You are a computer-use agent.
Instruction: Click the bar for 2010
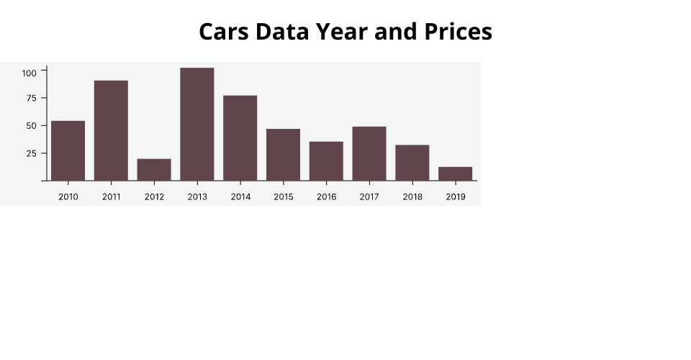(x=68, y=150)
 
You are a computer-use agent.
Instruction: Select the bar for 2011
(x=111, y=130)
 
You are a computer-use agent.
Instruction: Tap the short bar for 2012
(x=154, y=170)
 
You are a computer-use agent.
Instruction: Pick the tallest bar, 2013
(x=197, y=124)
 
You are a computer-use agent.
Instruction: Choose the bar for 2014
(x=240, y=138)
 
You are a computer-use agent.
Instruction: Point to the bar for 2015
(x=284, y=155)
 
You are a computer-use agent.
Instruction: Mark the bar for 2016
(x=326, y=161)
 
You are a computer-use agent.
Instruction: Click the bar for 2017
(x=369, y=153)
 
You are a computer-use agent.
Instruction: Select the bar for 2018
(x=412, y=163)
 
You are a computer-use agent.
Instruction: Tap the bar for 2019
(x=456, y=174)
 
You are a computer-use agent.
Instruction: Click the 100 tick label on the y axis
(x=29, y=73)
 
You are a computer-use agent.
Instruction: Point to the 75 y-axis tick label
(x=31, y=98)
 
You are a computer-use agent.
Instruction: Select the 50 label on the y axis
(x=31, y=126)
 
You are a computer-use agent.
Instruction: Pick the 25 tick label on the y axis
(x=31, y=153)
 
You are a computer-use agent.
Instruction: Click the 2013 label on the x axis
(x=197, y=197)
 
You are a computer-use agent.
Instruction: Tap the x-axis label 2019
(x=456, y=197)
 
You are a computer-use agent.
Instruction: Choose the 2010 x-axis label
(x=68, y=197)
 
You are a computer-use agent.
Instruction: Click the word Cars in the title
(x=224, y=32)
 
